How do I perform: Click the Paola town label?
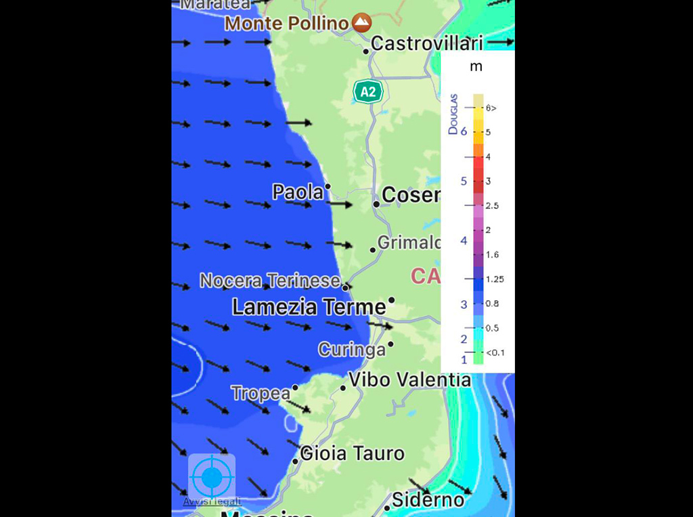(x=298, y=192)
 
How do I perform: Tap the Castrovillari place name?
(x=427, y=44)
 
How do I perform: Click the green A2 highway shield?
(x=367, y=91)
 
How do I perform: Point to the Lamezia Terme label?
(x=309, y=307)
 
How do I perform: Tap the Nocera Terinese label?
(x=270, y=281)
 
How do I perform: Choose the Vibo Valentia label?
(x=409, y=379)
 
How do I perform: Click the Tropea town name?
(x=261, y=393)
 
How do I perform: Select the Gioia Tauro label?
(x=352, y=453)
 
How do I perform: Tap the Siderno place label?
(x=428, y=501)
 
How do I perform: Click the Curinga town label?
(x=352, y=350)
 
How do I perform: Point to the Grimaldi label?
(x=409, y=242)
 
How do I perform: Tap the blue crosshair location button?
(x=212, y=477)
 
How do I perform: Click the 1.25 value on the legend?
(x=495, y=278)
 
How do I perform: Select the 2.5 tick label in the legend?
(x=492, y=205)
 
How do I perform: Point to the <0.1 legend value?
(x=495, y=352)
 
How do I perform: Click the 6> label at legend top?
(x=491, y=108)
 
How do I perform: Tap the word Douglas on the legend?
(x=453, y=114)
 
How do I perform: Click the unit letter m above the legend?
(x=476, y=66)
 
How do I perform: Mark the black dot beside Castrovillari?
(x=366, y=51)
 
